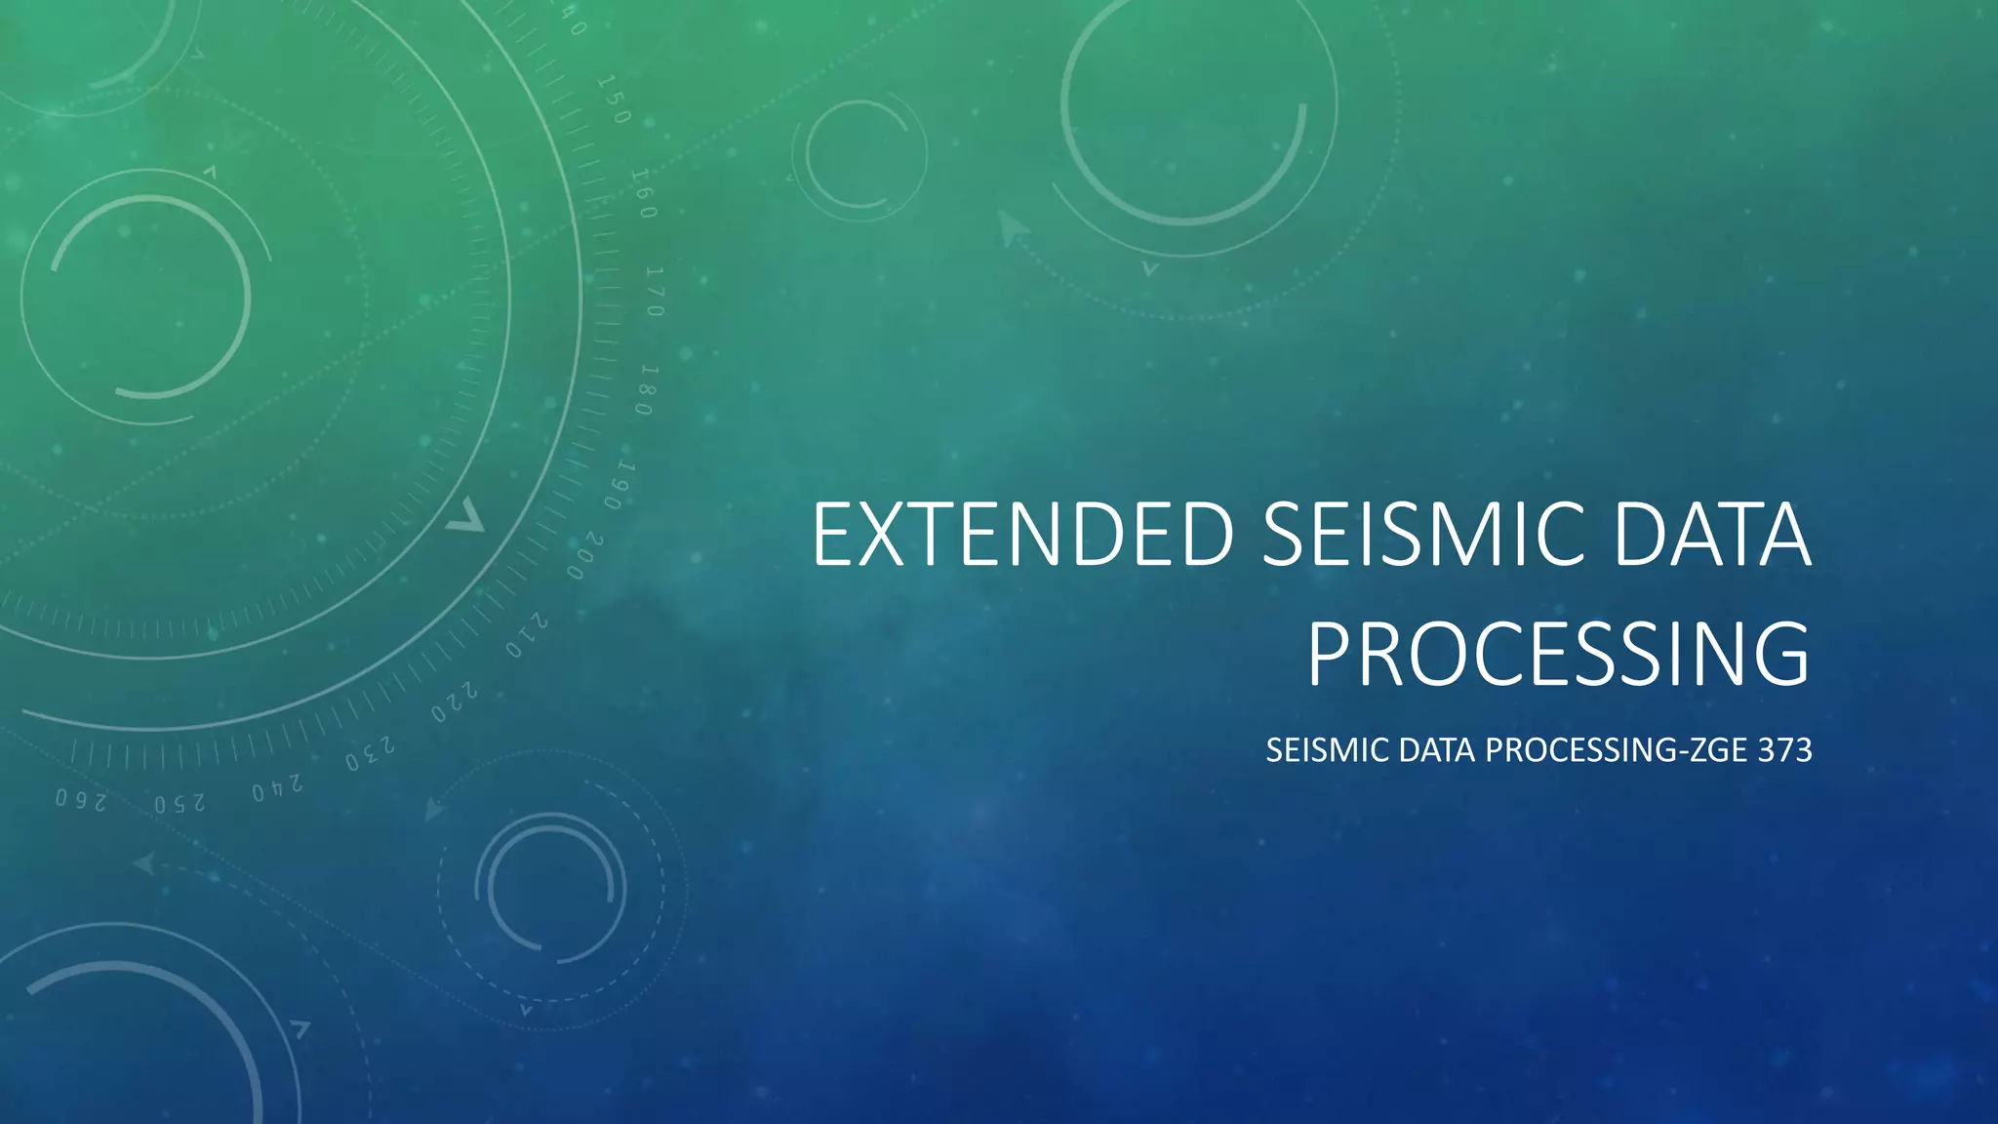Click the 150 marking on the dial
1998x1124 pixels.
[x=614, y=100]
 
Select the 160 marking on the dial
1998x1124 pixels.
[x=644, y=193]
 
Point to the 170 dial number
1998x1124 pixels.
[x=655, y=291]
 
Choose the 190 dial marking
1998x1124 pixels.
[x=619, y=486]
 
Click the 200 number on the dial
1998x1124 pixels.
[x=585, y=556]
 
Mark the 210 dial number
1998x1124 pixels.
[x=526, y=635]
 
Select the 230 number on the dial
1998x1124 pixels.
[x=370, y=753]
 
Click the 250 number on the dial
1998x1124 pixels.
[x=180, y=804]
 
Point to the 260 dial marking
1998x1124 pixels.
[x=81, y=800]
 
